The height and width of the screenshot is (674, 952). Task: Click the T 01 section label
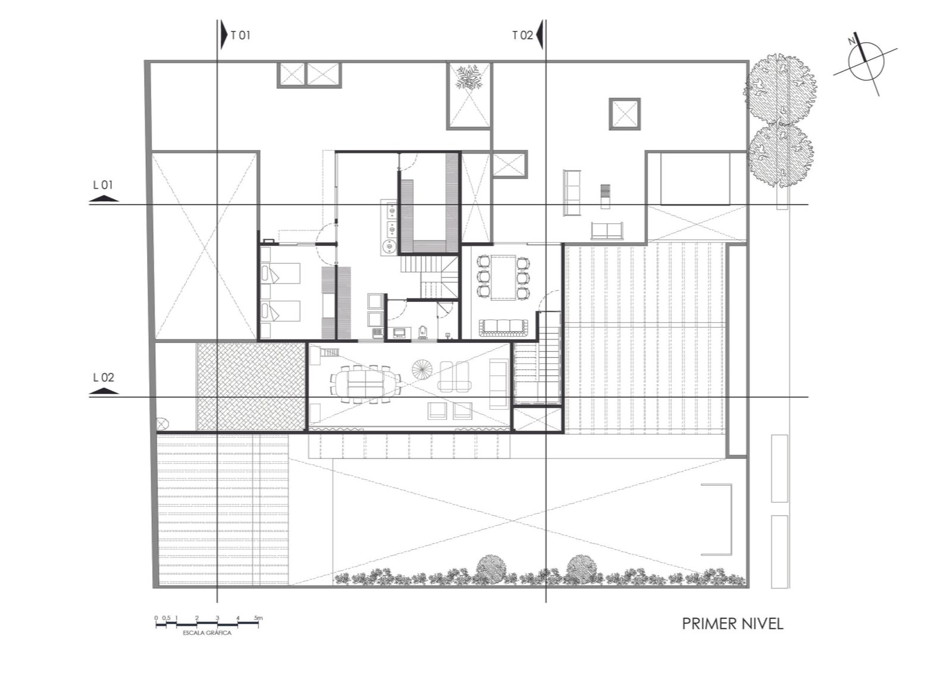[240, 35]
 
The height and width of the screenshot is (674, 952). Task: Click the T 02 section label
[522, 35]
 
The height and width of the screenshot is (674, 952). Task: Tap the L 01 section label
[103, 185]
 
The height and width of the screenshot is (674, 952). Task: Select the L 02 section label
[104, 377]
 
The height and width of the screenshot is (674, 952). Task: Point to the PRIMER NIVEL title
[732, 624]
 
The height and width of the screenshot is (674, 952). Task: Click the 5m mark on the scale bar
[258, 618]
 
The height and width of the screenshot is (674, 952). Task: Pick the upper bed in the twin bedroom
[281, 273]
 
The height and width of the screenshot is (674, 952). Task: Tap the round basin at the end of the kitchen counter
[389, 246]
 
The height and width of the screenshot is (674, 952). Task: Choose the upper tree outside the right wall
[780, 90]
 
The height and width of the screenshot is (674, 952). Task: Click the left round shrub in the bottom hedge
[491, 569]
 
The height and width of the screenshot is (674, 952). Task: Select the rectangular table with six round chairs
[503, 277]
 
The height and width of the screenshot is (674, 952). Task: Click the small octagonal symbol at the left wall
[161, 423]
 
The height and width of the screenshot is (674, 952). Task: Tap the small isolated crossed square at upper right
[624, 114]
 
